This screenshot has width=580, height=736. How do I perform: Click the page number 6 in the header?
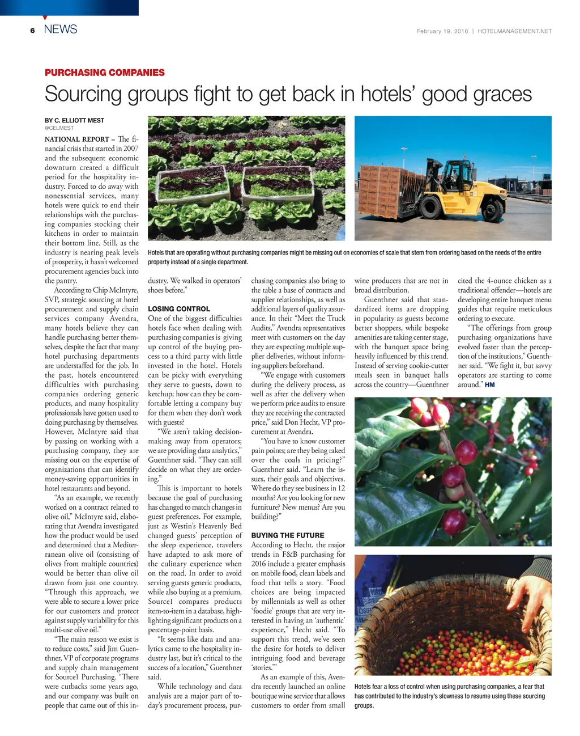tap(33, 30)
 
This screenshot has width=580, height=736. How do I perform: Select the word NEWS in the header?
tap(60, 29)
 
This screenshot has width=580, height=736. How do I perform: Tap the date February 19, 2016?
tap(442, 31)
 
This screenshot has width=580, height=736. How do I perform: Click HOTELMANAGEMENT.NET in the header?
tap(514, 31)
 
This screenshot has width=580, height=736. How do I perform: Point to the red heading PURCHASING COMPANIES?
tap(105, 73)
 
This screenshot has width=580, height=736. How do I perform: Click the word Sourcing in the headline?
tap(83, 94)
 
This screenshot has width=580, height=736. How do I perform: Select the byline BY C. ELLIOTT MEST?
tap(74, 120)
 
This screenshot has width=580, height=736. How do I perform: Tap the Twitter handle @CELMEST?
tap(59, 128)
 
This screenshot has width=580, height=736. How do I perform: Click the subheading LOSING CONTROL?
tap(178, 309)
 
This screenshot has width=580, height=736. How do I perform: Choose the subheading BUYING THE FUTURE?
tap(288, 535)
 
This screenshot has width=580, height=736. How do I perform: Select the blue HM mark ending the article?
tap(490, 385)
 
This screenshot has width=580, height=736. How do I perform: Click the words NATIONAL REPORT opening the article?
tap(77, 139)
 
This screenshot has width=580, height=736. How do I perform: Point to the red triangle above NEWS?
tap(45, 18)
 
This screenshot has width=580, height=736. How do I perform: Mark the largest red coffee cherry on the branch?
tap(466, 452)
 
